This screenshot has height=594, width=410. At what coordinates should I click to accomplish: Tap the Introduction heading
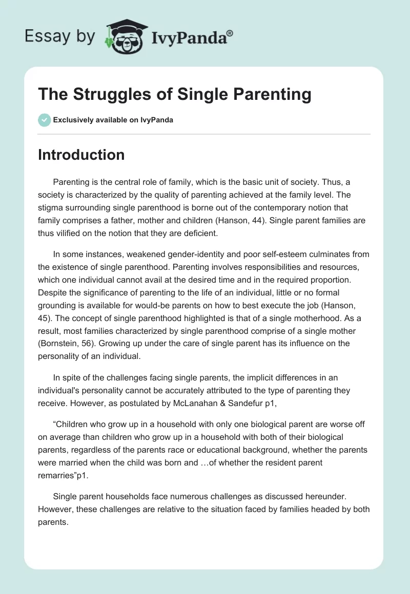point(81,155)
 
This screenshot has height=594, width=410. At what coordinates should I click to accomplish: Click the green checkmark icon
point(44,120)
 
